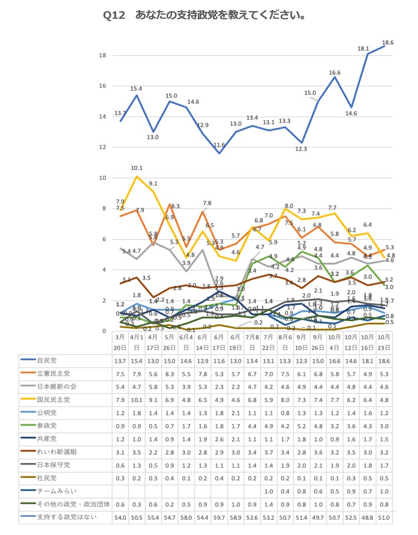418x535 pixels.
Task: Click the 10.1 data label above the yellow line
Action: click(137, 168)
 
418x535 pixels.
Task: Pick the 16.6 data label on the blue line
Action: click(335, 73)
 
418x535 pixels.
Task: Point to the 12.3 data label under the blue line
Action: click(301, 149)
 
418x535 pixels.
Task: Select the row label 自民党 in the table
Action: click(48, 359)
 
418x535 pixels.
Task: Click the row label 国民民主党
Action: click(53, 399)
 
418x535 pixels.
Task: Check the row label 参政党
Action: click(48, 425)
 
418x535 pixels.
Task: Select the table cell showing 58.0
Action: click(186, 517)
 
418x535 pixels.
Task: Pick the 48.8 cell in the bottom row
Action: click(368, 517)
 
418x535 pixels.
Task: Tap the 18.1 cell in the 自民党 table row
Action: click(368, 359)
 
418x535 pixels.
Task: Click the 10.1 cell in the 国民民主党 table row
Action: click(137, 399)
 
